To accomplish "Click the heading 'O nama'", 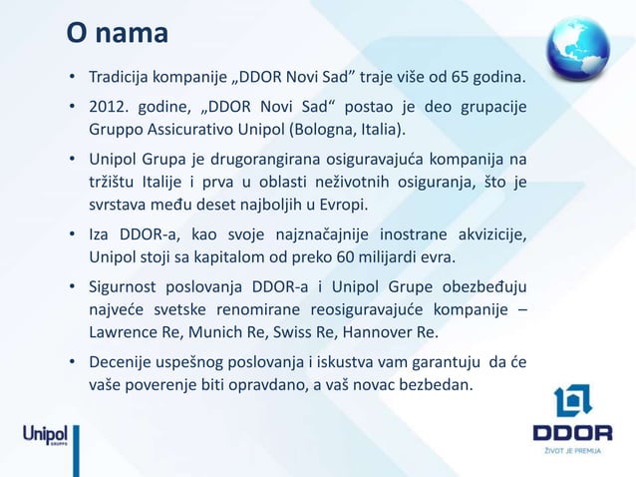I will (x=117, y=34).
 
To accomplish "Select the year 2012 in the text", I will (x=109, y=107).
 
